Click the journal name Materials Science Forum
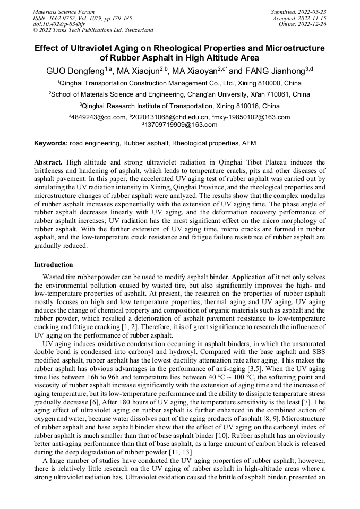[x=64, y=12]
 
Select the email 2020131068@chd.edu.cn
[x=170, y=117]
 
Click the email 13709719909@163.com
[x=181, y=125]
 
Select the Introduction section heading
[x=54, y=264]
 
